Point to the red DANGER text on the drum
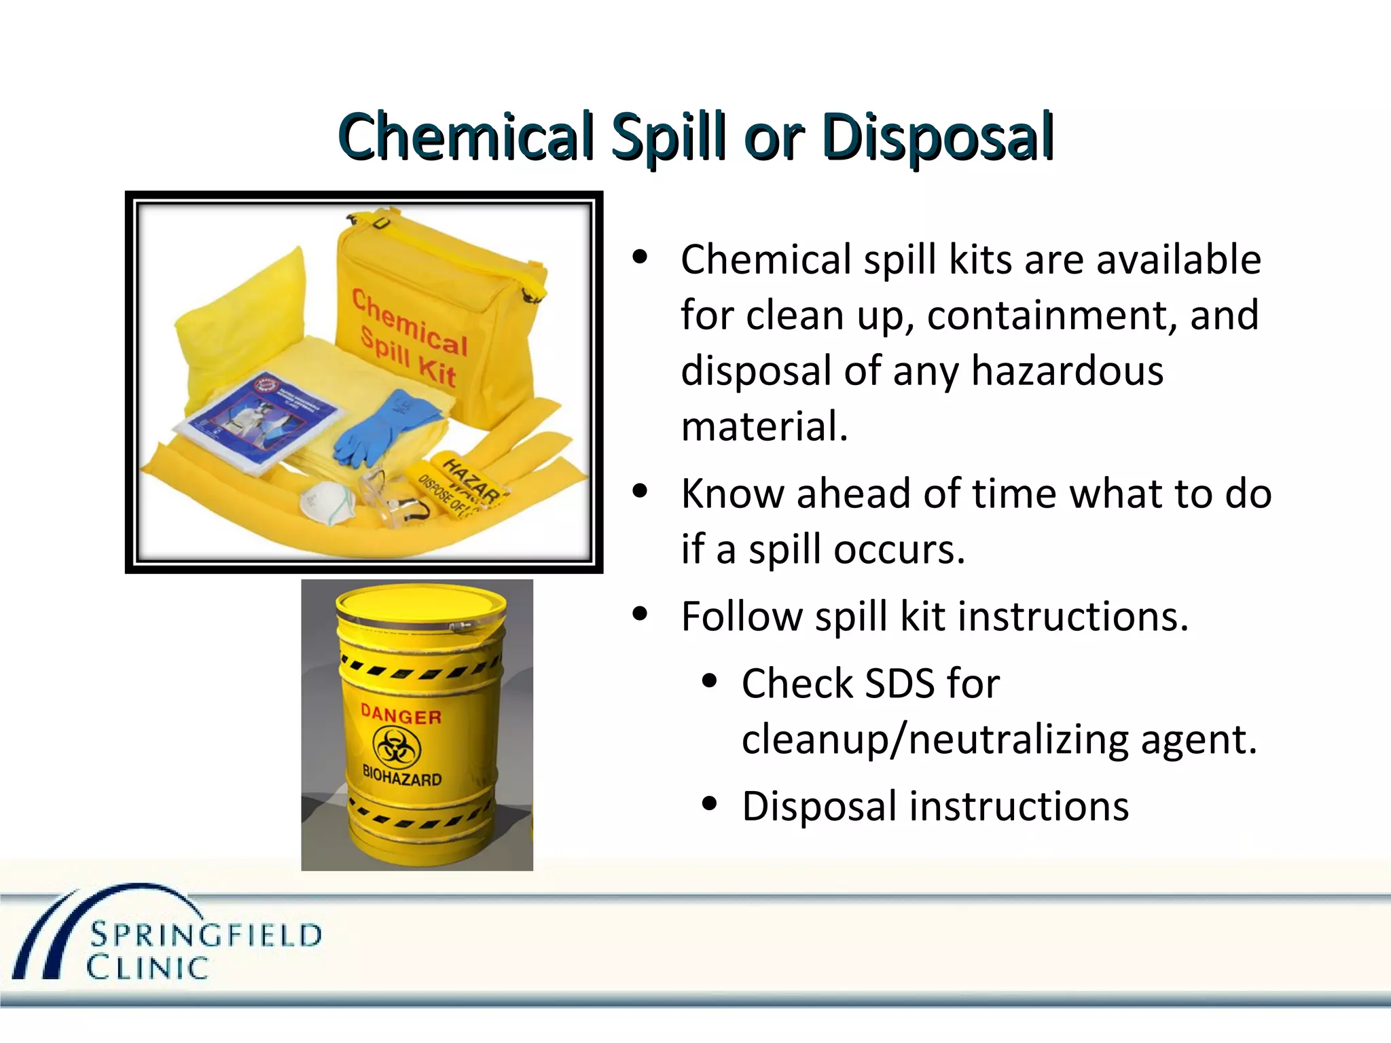[x=401, y=714]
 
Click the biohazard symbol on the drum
[x=397, y=748]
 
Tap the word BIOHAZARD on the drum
[x=401, y=775]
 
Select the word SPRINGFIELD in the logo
[x=206, y=936]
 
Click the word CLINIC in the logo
[x=147, y=968]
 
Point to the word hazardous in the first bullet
[x=1067, y=371]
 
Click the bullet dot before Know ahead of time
[x=639, y=492]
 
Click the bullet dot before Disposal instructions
[x=710, y=804]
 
